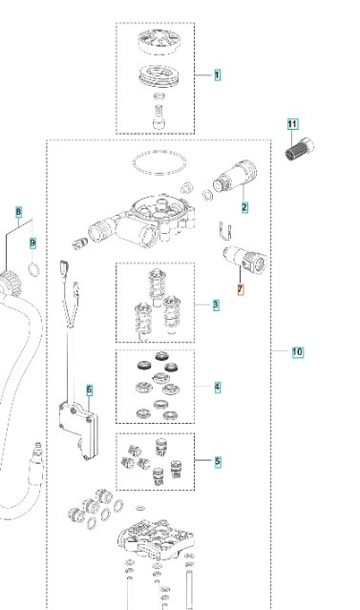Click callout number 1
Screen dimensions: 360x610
(x=217, y=74)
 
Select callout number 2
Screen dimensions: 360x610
(x=244, y=207)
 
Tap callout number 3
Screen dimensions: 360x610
(x=216, y=305)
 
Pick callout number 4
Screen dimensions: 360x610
(x=217, y=387)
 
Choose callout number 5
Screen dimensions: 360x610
(x=217, y=462)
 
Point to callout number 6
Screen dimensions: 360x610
(x=90, y=389)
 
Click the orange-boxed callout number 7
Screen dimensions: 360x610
(x=241, y=289)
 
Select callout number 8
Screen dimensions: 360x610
(x=19, y=213)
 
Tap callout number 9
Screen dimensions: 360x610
(x=32, y=243)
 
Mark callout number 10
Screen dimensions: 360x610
(x=297, y=352)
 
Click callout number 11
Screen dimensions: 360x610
(x=292, y=124)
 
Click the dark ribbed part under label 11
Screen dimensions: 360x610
(x=299, y=149)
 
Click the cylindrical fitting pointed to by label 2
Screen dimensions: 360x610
(x=235, y=177)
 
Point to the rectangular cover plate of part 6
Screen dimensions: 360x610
(x=78, y=431)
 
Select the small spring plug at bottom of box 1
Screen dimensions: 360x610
(x=159, y=117)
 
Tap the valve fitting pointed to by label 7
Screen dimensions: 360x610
(x=245, y=257)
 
